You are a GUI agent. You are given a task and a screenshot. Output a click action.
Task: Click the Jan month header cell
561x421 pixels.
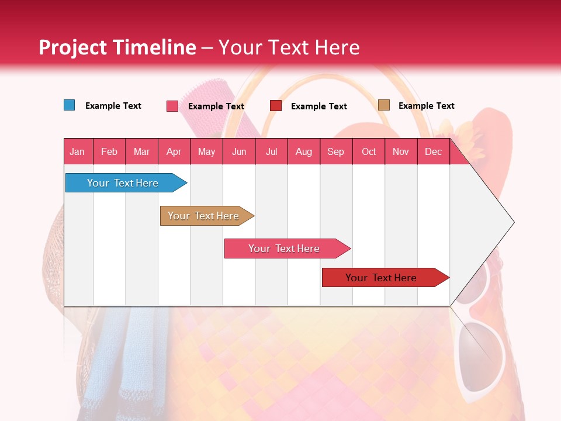coord(78,151)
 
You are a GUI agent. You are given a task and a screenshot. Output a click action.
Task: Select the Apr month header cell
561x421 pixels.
coord(174,151)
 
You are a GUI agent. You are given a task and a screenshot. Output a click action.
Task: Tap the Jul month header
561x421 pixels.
coord(272,151)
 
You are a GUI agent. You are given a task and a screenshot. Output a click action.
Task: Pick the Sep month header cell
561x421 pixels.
coord(336,151)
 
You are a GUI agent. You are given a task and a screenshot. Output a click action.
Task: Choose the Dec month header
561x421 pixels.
coord(434,151)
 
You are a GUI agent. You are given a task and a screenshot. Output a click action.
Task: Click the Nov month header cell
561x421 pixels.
coord(401,151)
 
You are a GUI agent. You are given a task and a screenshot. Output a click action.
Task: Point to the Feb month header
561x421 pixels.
coord(109,151)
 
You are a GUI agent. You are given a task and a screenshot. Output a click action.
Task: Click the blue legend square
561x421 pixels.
coord(70,105)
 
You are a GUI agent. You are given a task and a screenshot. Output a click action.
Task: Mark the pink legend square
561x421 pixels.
coord(172,106)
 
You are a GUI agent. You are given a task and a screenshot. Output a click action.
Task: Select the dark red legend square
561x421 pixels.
coord(276,106)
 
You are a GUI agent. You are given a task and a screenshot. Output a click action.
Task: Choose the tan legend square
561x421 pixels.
coord(383,105)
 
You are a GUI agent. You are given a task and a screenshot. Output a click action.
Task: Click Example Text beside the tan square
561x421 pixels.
coord(426,106)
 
